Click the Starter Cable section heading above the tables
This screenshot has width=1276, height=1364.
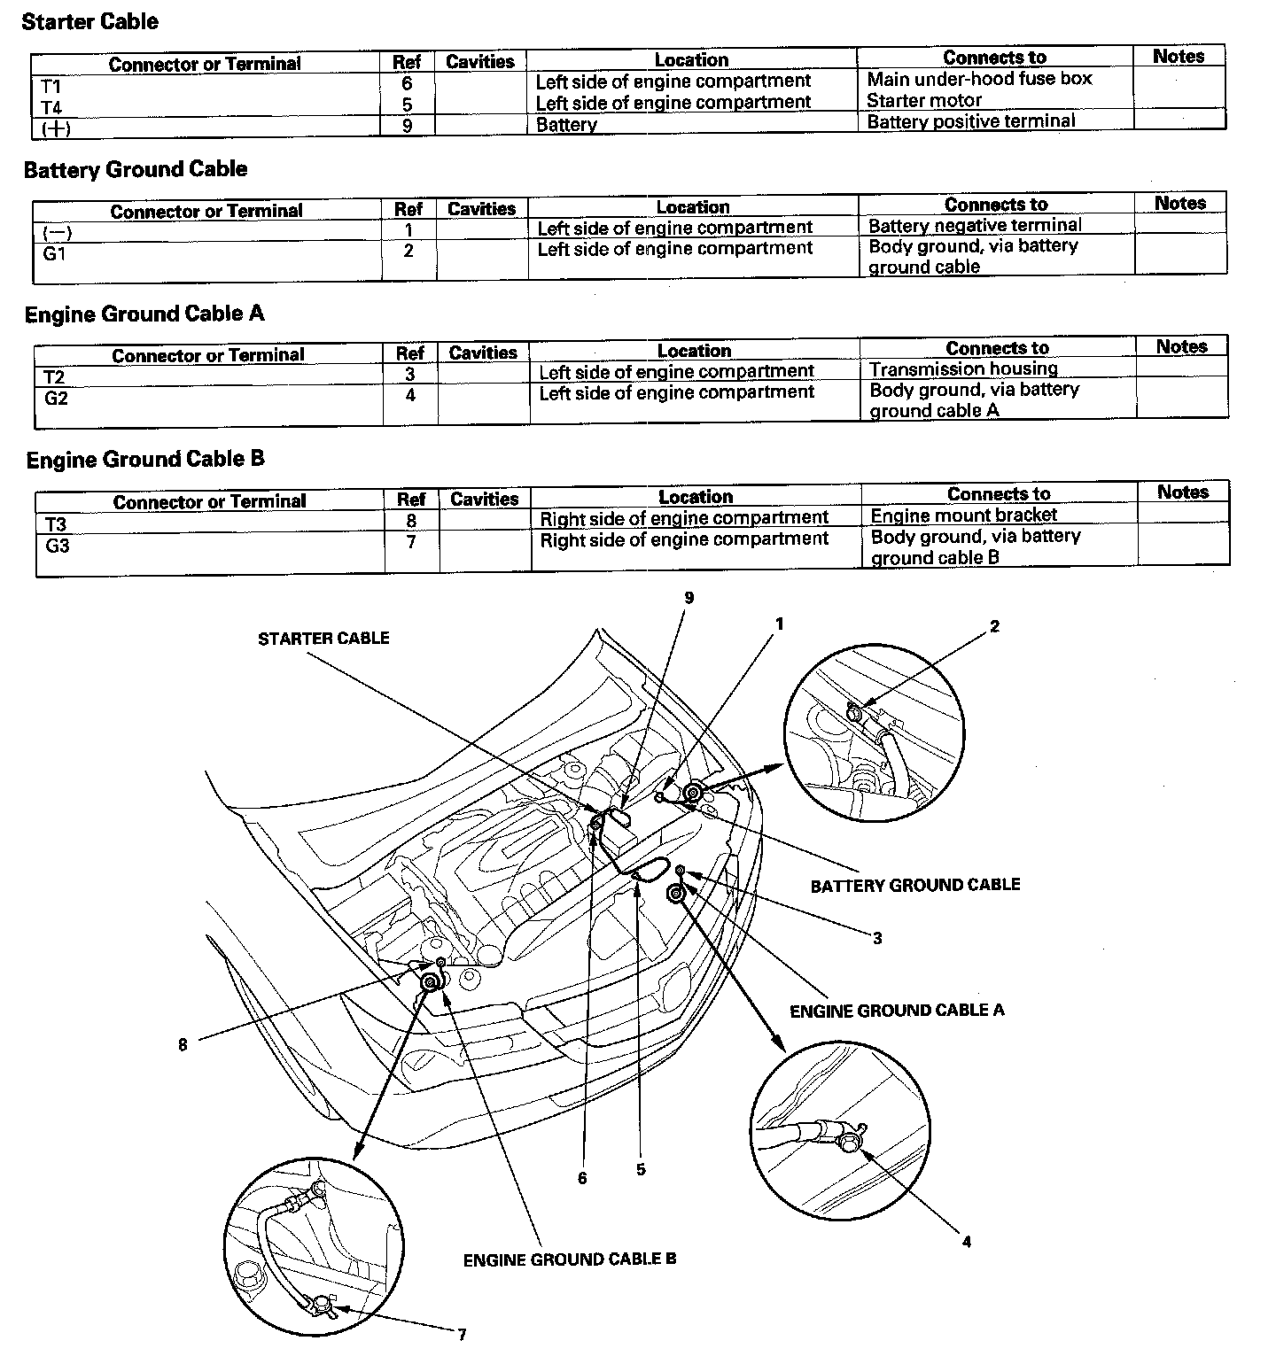click(89, 22)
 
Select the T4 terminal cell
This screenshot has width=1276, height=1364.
click(52, 107)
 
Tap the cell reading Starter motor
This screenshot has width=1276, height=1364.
click(924, 101)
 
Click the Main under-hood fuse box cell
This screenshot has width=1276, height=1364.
click(979, 79)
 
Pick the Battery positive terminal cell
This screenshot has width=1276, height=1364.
click(970, 121)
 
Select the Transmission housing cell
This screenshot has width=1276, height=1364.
click(963, 369)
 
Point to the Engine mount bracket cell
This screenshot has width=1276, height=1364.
click(964, 515)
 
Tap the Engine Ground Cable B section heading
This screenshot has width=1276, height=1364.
click(145, 460)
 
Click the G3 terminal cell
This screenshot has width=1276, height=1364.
click(58, 546)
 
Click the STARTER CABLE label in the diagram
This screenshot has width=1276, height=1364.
click(323, 639)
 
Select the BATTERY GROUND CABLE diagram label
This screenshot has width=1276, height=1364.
click(915, 885)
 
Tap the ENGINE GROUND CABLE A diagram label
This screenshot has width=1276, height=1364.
click(897, 1011)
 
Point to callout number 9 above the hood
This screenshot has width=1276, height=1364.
click(689, 598)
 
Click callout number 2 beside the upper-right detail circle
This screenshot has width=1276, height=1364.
click(995, 627)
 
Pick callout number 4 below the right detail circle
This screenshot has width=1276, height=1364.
click(967, 1243)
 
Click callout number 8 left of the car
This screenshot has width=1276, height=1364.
click(183, 1045)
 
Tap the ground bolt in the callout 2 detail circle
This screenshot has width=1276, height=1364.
click(853, 711)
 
